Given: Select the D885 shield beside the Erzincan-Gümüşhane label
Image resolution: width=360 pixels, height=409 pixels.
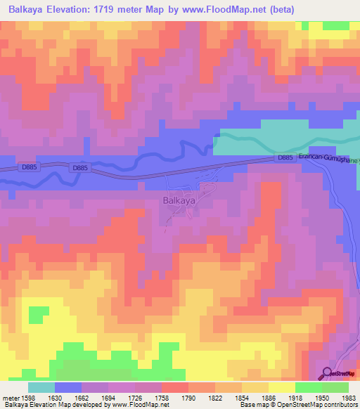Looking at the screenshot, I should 284,158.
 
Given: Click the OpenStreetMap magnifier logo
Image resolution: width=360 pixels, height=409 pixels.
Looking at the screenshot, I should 327,373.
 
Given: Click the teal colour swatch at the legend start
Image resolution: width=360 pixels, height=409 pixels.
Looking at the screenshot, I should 41,387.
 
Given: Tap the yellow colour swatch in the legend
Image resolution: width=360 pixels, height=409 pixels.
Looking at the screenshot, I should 281,387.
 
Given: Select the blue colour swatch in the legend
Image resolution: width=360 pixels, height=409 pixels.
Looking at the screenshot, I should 68,387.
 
